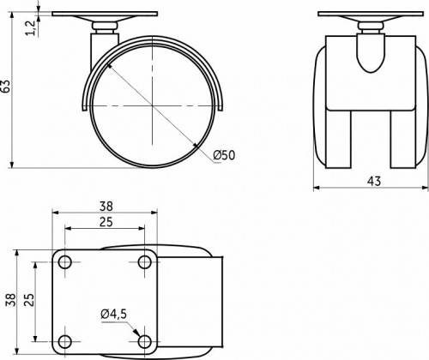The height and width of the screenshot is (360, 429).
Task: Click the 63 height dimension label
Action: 7,86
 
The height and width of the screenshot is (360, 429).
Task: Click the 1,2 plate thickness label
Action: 31,27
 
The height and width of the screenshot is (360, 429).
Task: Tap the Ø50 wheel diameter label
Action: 224,155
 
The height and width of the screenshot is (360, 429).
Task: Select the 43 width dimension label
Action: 374,181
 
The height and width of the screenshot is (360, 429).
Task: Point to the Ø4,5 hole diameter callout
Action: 113,314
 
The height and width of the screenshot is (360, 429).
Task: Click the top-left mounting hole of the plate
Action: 65,261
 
